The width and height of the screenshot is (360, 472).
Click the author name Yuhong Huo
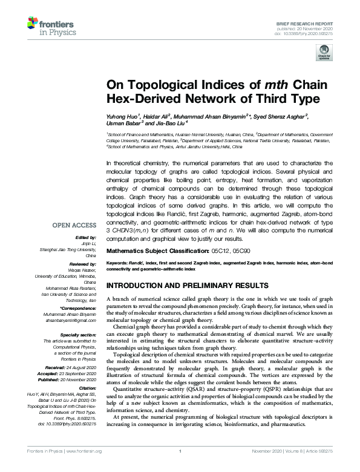tap(125, 116)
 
